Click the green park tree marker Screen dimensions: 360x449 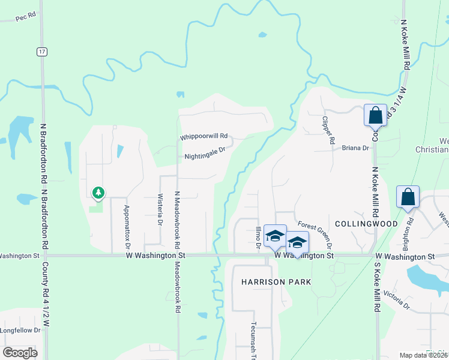coord(98,193)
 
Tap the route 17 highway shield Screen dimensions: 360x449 coord(41,52)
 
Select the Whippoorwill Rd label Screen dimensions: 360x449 coord(204,137)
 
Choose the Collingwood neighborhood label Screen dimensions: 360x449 coord(366,224)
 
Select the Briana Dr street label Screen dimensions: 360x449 coord(355,148)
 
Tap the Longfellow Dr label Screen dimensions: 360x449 coord(20,330)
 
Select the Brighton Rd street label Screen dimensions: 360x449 coord(411,230)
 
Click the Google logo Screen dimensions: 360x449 coord(20,353)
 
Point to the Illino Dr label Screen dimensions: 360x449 coord(258,236)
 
